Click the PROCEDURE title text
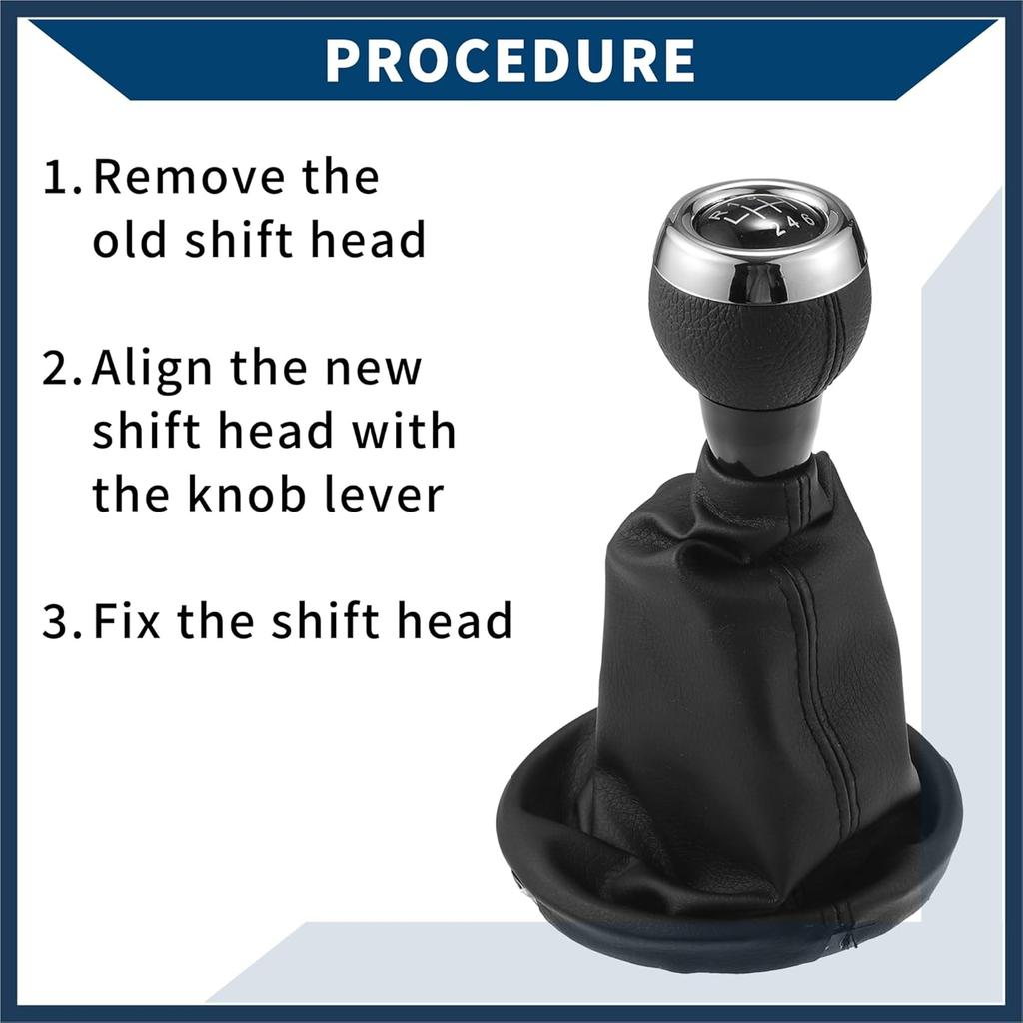click(x=510, y=60)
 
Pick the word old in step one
click(x=129, y=240)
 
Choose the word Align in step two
click(x=152, y=369)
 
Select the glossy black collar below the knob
click(x=760, y=425)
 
